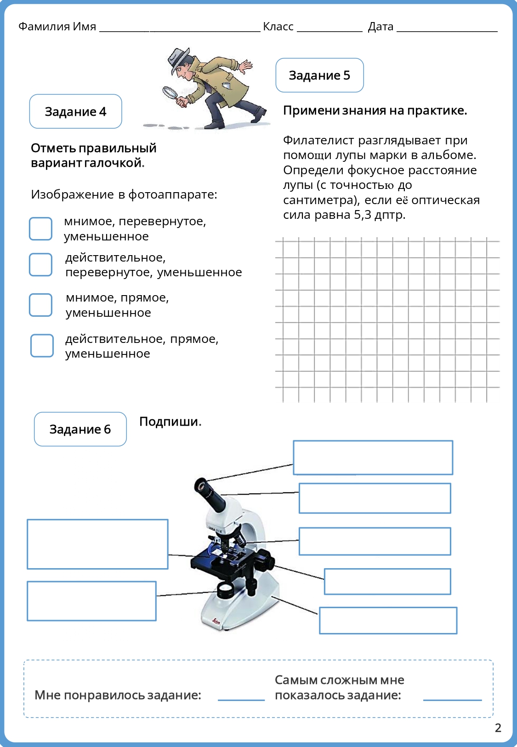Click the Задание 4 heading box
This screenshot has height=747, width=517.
click(x=75, y=112)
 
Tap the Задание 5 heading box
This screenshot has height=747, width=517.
click(x=319, y=75)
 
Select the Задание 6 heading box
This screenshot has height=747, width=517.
click(x=80, y=429)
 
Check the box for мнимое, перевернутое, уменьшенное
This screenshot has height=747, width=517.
click(x=40, y=229)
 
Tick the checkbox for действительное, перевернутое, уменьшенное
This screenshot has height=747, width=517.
click(x=40, y=265)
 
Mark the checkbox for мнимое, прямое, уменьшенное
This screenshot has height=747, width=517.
click(x=40, y=305)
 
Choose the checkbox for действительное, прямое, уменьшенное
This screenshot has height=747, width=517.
click(x=42, y=346)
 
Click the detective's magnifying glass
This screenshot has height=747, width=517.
click(x=170, y=92)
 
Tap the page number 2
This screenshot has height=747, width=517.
click(x=498, y=728)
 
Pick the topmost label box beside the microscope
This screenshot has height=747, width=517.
click(x=373, y=457)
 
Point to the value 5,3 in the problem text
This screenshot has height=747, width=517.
click(x=363, y=215)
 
